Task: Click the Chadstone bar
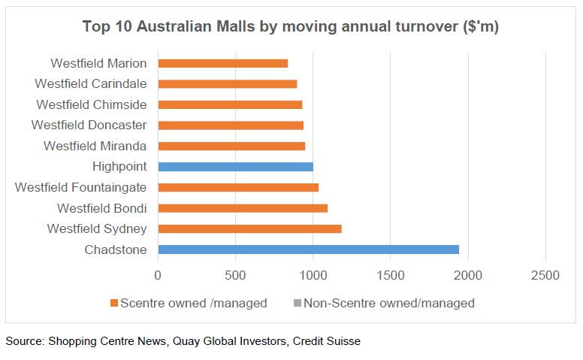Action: [x=308, y=250]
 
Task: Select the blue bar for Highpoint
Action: [x=235, y=167]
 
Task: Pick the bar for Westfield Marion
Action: [x=222, y=63]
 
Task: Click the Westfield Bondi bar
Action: [x=243, y=208]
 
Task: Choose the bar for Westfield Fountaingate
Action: [x=238, y=187]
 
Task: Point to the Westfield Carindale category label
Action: [x=91, y=83]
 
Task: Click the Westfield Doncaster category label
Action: [x=89, y=125]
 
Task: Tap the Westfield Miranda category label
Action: [x=95, y=146]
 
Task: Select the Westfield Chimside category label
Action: [x=92, y=104]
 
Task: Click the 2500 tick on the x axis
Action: [x=545, y=276]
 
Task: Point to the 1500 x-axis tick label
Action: [x=391, y=276]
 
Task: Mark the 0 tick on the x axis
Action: [x=158, y=276]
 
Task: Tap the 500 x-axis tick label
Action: [x=235, y=276]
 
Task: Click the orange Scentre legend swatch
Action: [x=114, y=304]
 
